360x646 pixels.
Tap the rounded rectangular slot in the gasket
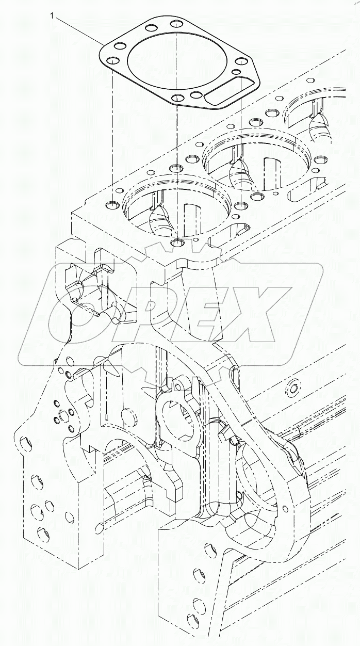(x=226, y=89)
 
